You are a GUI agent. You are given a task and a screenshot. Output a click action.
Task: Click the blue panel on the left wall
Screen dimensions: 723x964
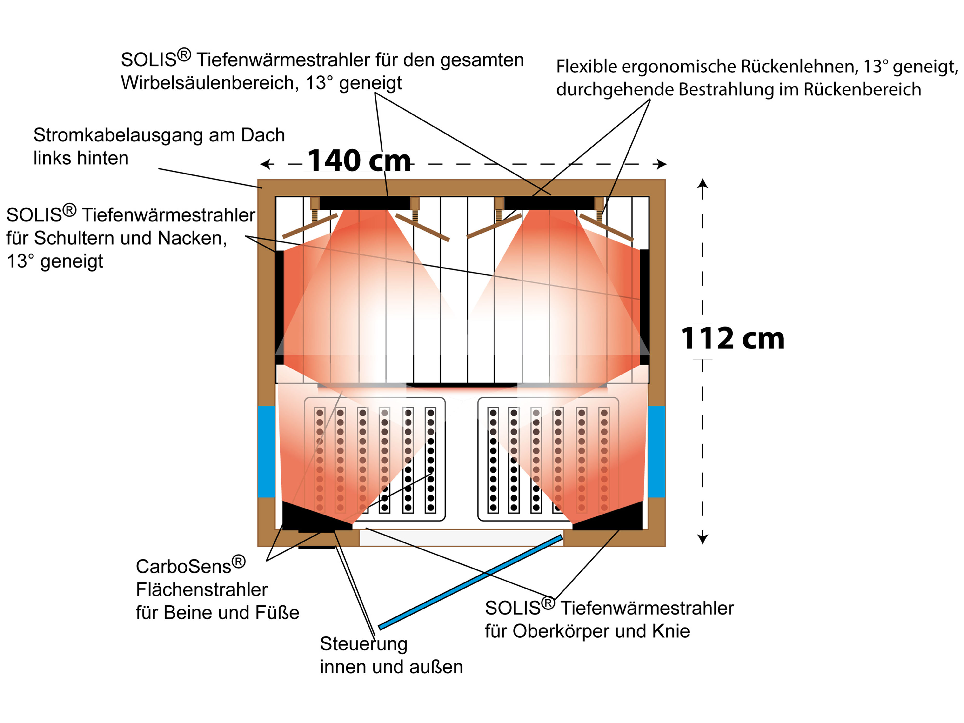coord(266,451)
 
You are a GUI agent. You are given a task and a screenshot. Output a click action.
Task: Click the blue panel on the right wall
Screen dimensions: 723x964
coord(656,451)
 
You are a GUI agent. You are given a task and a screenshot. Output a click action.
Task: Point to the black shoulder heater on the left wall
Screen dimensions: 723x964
coord(279,305)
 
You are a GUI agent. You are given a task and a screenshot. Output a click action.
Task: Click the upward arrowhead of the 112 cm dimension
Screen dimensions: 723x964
coord(703,184)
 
